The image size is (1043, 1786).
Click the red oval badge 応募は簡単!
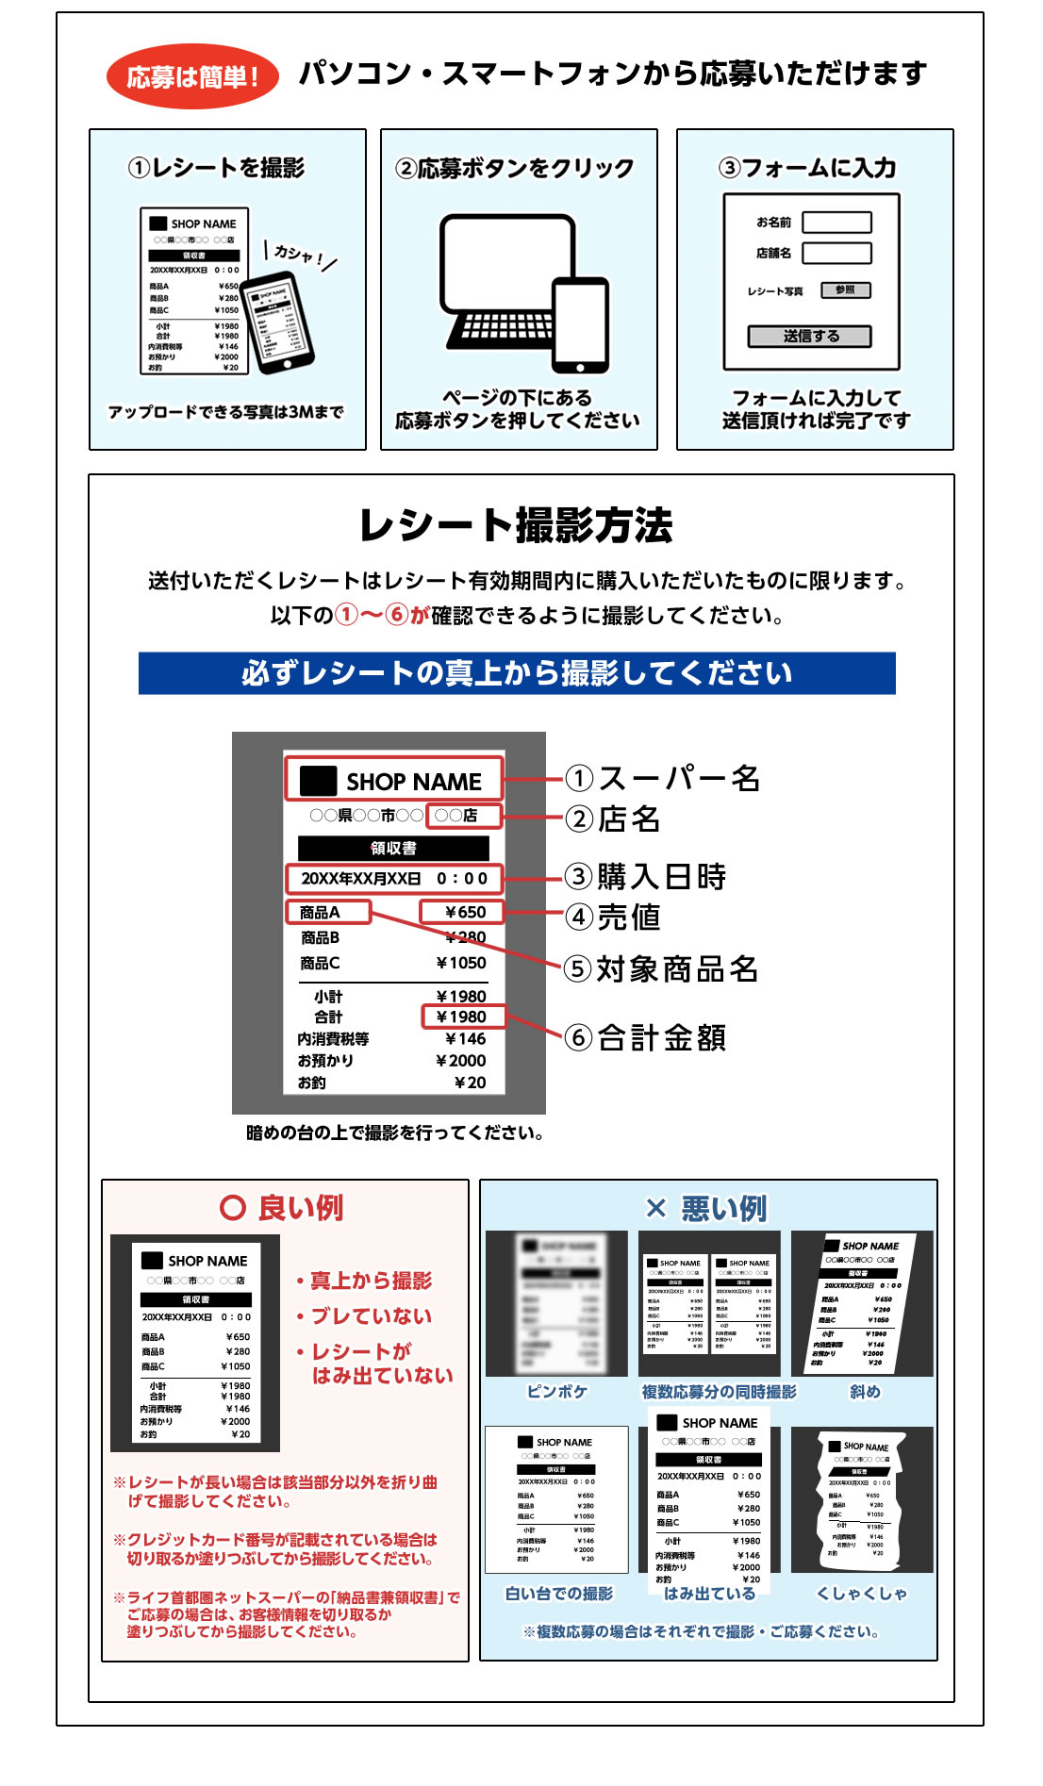click(192, 76)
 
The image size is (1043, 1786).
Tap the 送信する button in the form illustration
click(809, 337)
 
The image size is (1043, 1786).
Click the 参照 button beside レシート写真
click(845, 290)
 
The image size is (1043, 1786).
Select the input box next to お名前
click(836, 223)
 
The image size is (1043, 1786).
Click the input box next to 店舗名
click(836, 253)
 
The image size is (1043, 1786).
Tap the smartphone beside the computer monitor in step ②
click(580, 325)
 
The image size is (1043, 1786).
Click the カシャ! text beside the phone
click(299, 255)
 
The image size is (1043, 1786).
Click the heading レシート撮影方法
click(516, 526)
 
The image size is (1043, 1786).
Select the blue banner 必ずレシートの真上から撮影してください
click(517, 673)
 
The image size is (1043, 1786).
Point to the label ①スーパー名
click(664, 778)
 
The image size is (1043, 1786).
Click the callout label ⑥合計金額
click(647, 1038)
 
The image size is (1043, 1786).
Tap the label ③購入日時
click(647, 877)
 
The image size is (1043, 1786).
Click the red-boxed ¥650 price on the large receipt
click(461, 912)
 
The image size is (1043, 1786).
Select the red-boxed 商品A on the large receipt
click(327, 912)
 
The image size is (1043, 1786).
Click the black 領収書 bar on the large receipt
click(393, 848)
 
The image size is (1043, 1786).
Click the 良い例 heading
click(282, 1208)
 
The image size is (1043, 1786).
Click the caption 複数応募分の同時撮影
click(719, 1392)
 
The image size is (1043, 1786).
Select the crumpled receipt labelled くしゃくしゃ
click(862, 1499)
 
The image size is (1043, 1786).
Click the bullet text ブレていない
click(371, 1316)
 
